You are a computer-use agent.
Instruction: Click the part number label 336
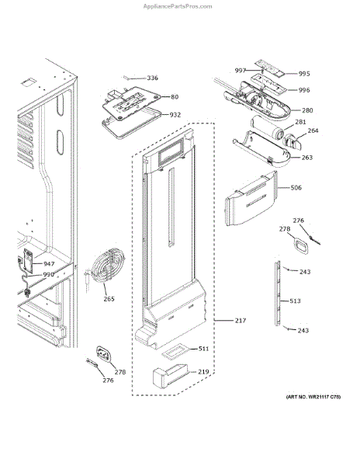tap(153, 78)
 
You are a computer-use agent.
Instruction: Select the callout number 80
tap(175, 97)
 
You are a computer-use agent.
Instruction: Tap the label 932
tap(175, 115)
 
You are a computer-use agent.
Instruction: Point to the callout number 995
tap(304, 74)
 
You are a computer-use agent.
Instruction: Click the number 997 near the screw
tap(240, 71)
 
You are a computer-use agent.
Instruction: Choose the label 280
tap(307, 110)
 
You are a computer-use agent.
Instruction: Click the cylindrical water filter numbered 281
tap(267, 128)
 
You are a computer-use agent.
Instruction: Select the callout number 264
tap(313, 130)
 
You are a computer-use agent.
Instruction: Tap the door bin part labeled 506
tap(251, 199)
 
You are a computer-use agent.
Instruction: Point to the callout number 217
tap(241, 320)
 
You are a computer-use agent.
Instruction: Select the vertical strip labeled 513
tap(278, 293)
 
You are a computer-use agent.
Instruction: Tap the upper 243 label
tap(305, 272)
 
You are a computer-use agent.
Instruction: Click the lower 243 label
tap(303, 330)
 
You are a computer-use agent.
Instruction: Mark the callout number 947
tap(49, 264)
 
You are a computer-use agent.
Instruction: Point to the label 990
tap(48, 274)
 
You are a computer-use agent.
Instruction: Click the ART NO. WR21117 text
tap(313, 397)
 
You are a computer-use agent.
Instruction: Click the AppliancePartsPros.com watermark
tap(178, 6)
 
